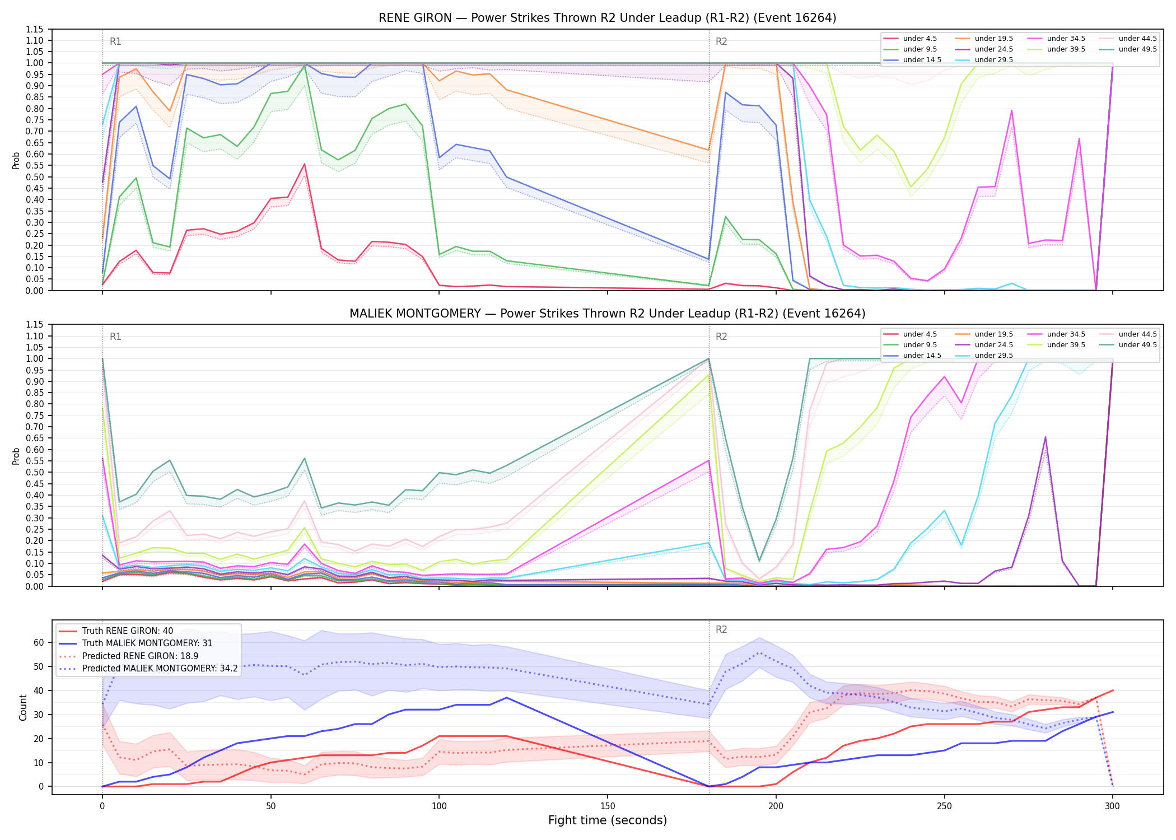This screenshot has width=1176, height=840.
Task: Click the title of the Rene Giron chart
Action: (x=608, y=18)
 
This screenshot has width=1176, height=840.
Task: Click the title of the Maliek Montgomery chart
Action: (x=608, y=314)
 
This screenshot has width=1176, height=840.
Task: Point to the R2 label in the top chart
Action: (x=721, y=41)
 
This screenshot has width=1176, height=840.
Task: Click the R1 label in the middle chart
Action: (x=115, y=337)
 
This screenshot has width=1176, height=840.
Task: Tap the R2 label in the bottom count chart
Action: (x=721, y=629)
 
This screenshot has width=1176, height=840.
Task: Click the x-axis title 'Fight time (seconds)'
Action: (x=608, y=820)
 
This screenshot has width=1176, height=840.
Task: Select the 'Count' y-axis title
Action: (x=23, y=707)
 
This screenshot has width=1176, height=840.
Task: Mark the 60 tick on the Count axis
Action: (x=39, y=643)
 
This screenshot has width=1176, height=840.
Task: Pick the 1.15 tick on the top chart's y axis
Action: (x=35, y=29)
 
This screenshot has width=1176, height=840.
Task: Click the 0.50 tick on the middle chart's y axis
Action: (x=35, y=473)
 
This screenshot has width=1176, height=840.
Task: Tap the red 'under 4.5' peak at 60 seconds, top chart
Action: (x=304, y=164)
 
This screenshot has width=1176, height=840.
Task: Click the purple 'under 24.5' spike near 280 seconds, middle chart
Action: (x=1045, y=437)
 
